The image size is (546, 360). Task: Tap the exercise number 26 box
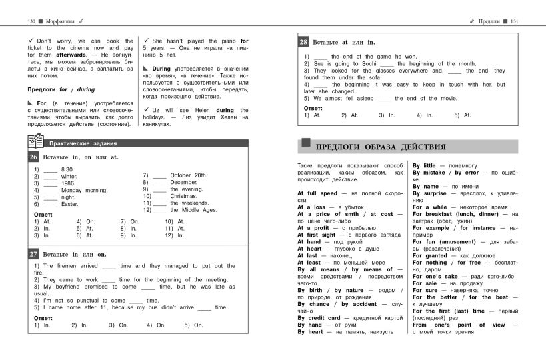point(33,157)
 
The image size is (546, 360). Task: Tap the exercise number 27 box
point(33,254)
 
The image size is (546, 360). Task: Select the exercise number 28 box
point(303,41)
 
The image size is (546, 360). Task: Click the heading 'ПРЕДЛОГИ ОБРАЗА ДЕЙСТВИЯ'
point(380,147)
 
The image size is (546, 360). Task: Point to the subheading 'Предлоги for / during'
point(61,89)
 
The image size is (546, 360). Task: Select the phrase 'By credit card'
point(319,318)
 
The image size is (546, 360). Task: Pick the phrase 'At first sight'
point(317,235)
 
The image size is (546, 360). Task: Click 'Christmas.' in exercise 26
point(184,196)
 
